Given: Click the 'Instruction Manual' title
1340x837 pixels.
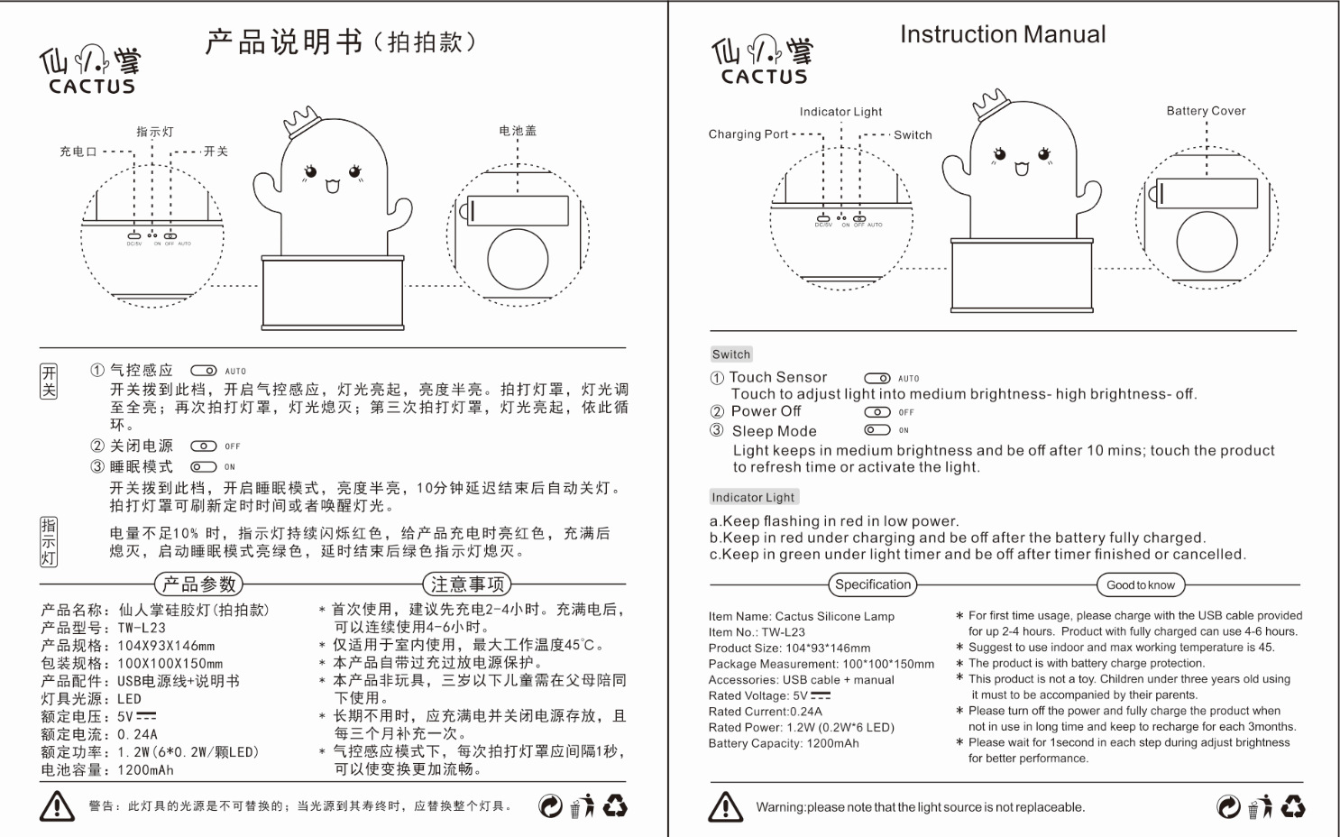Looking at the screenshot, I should point(1002,34).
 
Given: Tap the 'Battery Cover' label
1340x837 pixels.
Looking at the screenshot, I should point(1206,111).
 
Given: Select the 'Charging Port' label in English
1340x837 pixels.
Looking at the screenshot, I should point(748,134).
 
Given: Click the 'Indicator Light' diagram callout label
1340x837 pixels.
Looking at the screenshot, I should point(840,112).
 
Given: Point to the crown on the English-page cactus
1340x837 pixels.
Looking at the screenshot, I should point(990,103).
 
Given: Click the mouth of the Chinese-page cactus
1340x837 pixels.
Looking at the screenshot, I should point(332,187).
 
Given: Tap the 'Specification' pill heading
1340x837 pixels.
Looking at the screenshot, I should point(872,584).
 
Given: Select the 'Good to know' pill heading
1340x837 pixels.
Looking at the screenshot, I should point(1141,585).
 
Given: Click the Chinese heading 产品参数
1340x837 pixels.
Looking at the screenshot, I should point(198,584).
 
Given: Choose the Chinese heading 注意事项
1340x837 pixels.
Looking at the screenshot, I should point(466,584).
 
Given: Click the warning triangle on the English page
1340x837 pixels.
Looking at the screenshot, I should point(726,806).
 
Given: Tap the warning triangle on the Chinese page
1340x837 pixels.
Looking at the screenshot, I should point(57,805).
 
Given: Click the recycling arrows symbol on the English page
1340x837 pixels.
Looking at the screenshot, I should point(1293,805).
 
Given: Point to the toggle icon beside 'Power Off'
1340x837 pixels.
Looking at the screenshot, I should point(877,412).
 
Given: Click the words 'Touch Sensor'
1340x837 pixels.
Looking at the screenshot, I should point(777,377).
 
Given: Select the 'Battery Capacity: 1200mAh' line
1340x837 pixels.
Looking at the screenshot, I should point(783,743).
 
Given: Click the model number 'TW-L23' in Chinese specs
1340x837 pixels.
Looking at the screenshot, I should point(142,628).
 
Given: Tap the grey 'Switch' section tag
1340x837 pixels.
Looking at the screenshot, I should point(730,354).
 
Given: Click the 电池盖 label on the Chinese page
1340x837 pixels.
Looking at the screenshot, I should point(518,131).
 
